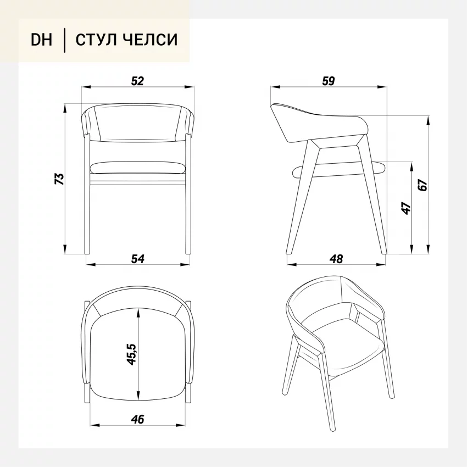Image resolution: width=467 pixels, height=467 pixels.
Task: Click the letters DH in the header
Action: tap(41, 40)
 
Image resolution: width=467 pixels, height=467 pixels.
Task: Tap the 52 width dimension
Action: tap(137, 81)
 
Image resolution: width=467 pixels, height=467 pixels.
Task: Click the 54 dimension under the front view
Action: tap(138, 259)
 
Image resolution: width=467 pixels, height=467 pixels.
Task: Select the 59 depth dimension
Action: tap(329, 81)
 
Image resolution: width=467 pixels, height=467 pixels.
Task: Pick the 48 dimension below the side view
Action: tap(336, 259)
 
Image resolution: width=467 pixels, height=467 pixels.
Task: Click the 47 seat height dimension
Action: tap(406, 208)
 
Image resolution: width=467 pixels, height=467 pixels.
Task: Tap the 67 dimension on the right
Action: tap(422, 185)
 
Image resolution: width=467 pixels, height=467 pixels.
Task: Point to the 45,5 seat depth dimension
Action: tap(131, 354)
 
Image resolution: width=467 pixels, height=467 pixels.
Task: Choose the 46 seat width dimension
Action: tap(137, 419)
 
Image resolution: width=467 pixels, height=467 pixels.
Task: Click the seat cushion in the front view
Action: tap(137, 168)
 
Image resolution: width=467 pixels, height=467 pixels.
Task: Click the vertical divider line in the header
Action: tap(64, 40)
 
